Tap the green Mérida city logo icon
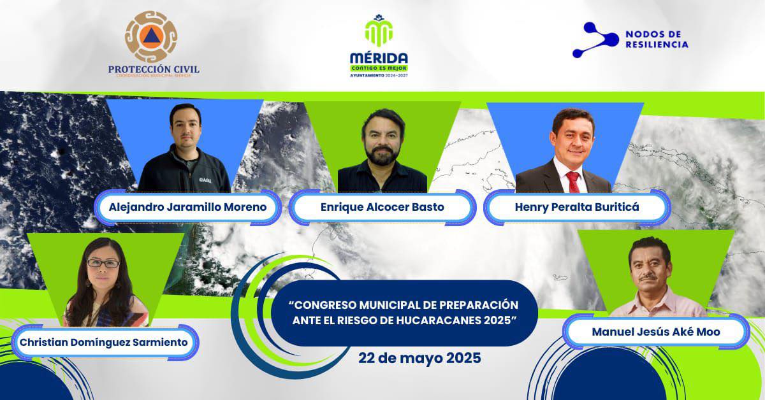[379, 32]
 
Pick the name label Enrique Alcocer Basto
[382, 208]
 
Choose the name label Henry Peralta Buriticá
[576, 208]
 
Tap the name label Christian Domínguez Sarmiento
[104, 342]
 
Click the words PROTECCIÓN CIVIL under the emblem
[153, 68]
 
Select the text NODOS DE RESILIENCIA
[657, 39]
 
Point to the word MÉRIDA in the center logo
[379, 57]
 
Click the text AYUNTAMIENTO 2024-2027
[379, 75]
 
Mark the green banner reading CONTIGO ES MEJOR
[379, 68]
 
